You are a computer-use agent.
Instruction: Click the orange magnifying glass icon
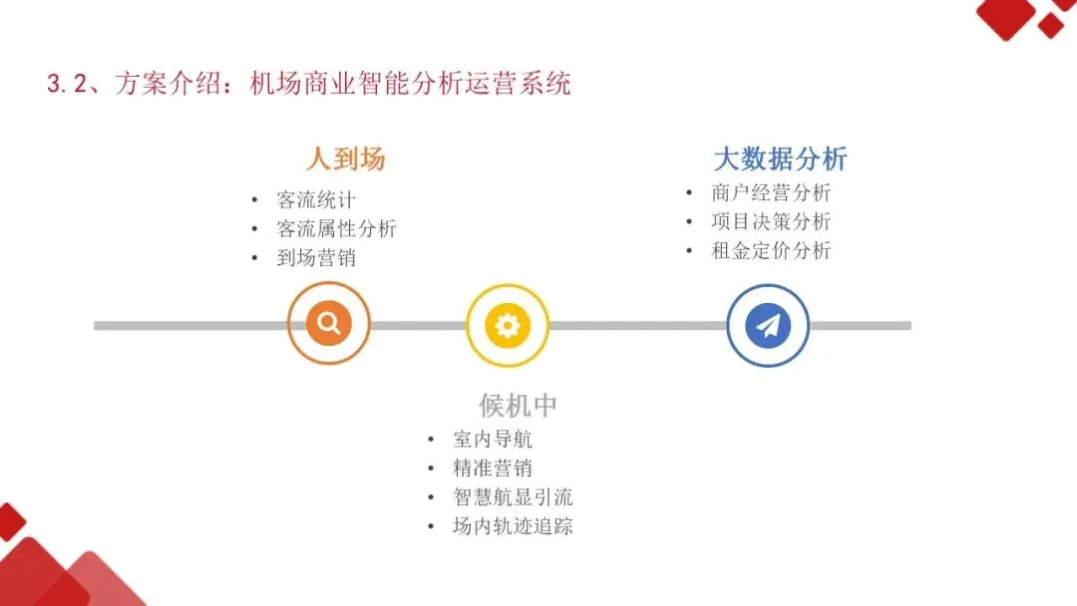tap(329, 324)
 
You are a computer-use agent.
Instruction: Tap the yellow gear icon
tap(508, 325)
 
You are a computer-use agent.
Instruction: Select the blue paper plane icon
tap(768, 325)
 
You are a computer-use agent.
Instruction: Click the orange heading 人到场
tap(345, 159)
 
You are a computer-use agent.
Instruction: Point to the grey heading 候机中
tap(518, 406)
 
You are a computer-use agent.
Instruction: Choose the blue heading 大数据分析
tap(781, 159)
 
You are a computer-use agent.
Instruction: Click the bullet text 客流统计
tap(316, 200)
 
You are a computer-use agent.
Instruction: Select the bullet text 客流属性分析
tap(336, 229)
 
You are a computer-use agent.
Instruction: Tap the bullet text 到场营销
tap(316, 258)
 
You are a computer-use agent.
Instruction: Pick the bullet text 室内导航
tap(493, 439)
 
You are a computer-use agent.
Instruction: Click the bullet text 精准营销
tap(493, 467)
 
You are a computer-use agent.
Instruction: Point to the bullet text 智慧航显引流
tap(513, 497)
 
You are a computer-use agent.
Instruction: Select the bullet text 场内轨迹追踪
tap(513, 526)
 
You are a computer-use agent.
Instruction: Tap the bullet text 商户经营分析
tap(771, 193)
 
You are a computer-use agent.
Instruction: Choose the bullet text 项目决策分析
tap(771, 222)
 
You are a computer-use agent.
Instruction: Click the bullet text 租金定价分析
tap(771, 251)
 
